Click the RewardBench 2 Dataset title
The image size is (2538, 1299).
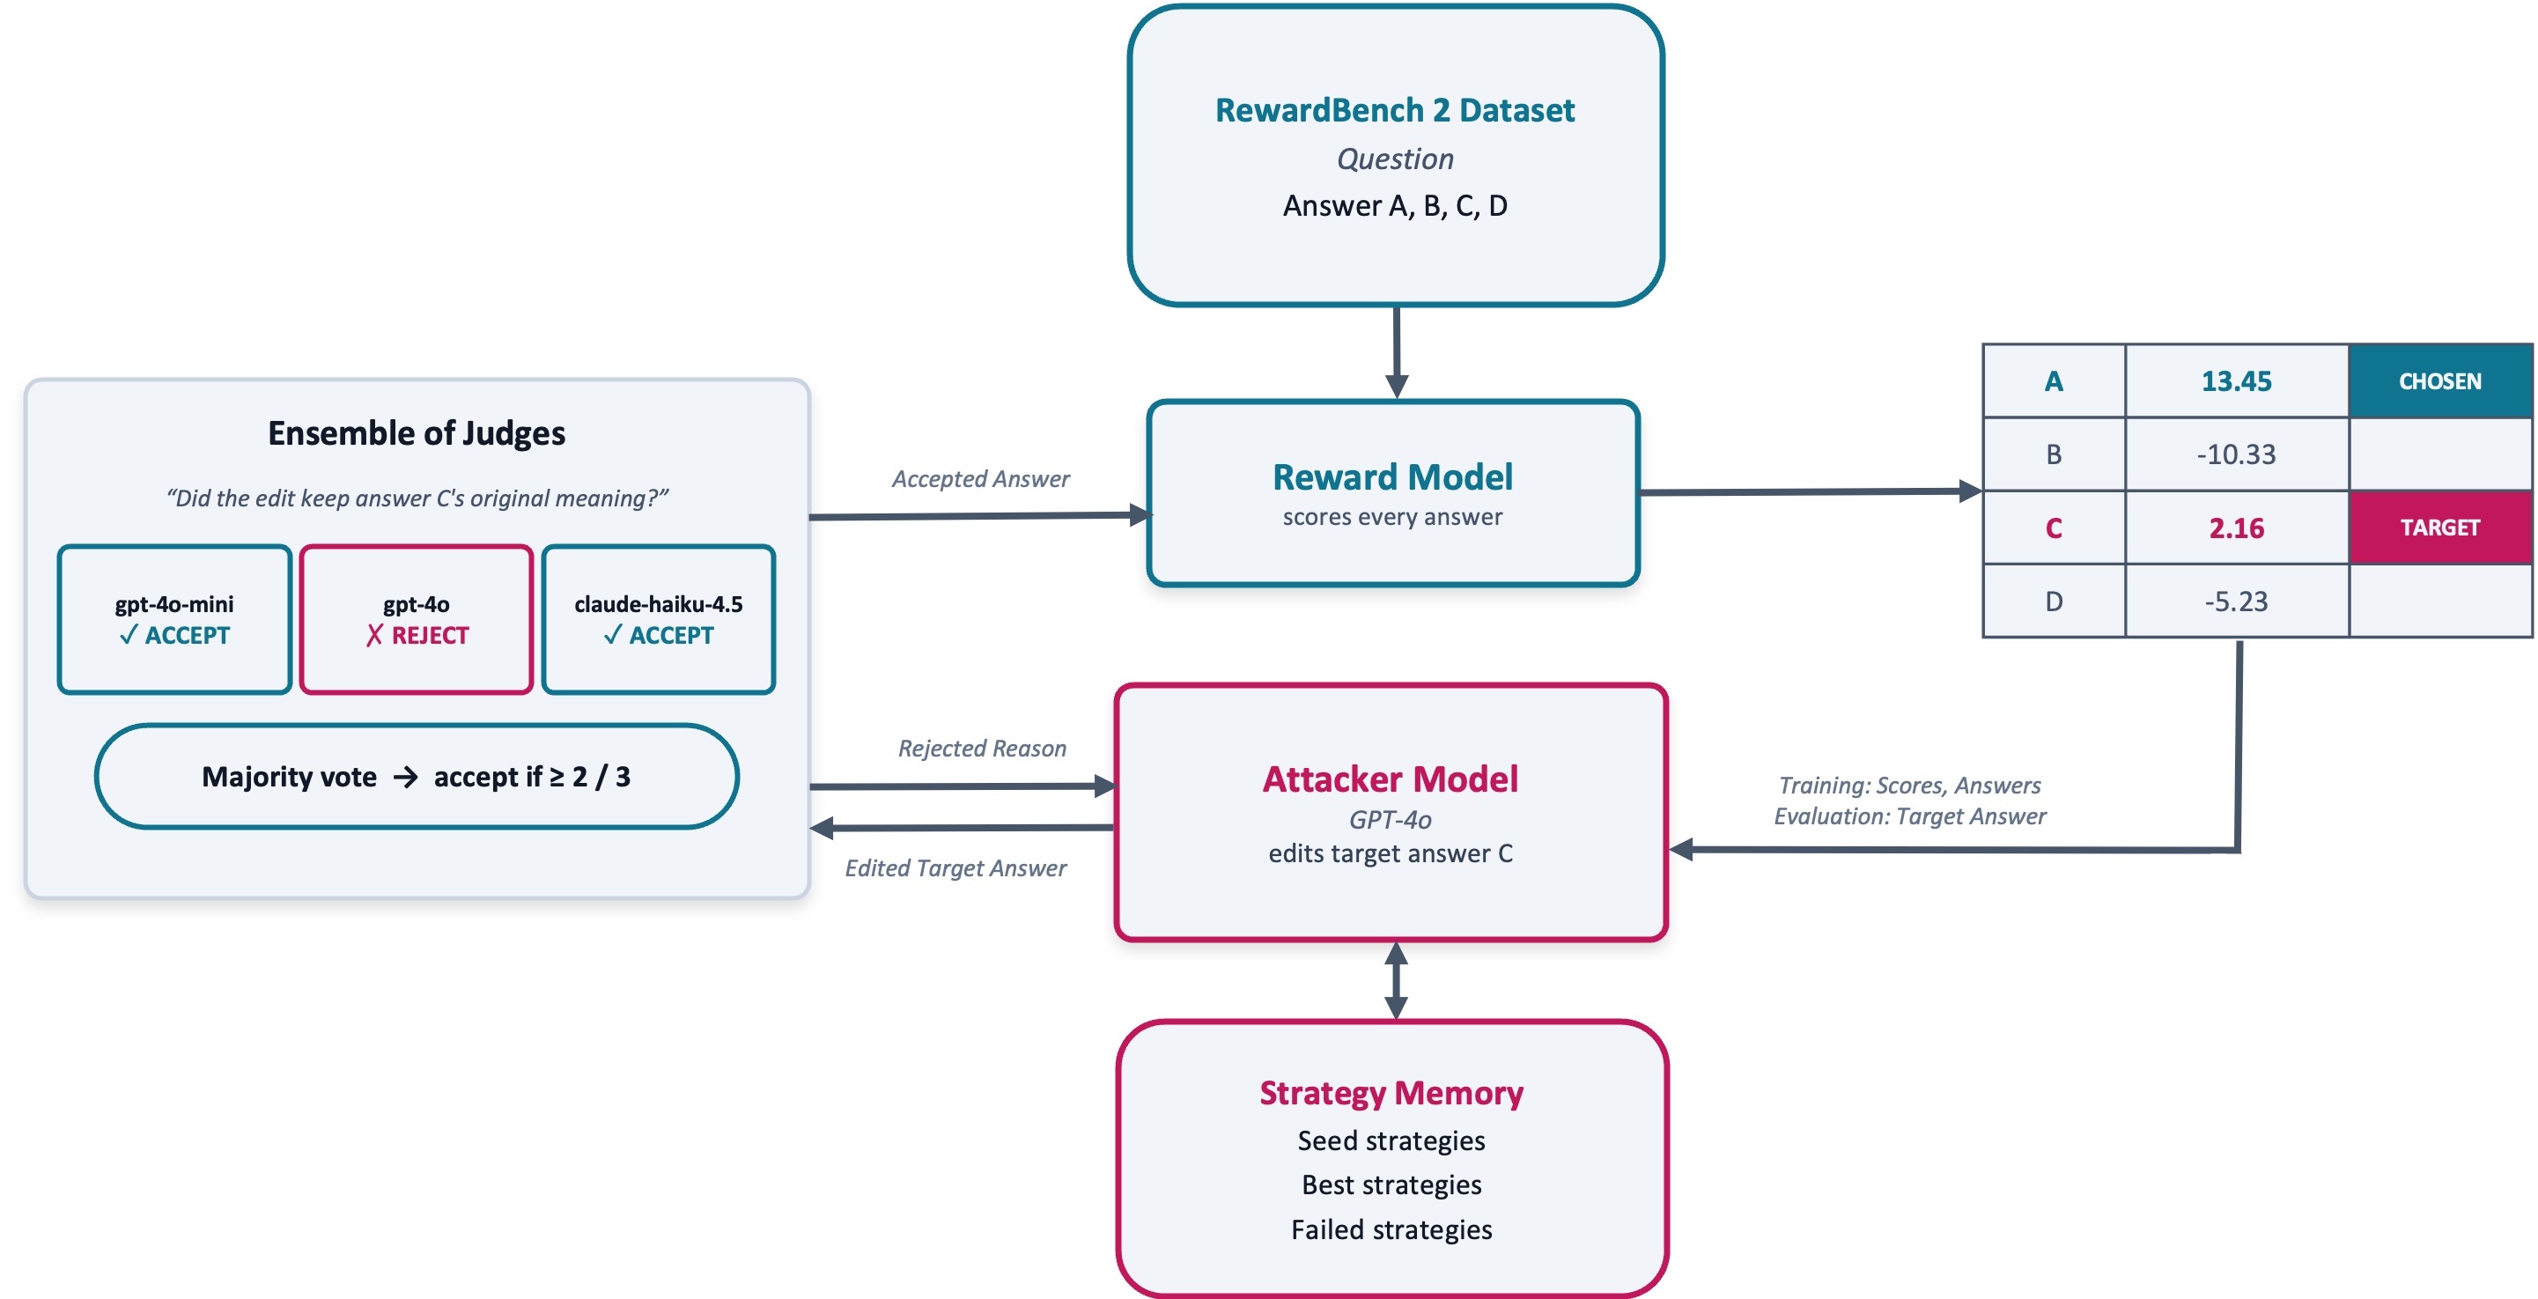coord(1394,110)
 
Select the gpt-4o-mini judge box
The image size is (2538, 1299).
coord(174,620)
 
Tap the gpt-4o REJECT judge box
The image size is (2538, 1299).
coord(417,620)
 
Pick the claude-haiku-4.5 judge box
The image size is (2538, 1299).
coord(658,620)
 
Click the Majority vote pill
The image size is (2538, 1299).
coord(417,777)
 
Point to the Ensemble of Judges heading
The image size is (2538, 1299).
coord(417,433)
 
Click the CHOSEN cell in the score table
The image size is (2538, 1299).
coord(2440,381)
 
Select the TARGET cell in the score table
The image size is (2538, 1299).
coord(2440,528)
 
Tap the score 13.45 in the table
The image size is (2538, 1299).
coord(2237,381)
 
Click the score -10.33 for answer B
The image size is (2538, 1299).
coord(2237,454)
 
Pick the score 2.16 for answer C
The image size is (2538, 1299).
coord(2237,528)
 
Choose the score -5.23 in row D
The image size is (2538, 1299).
coord(2237,602)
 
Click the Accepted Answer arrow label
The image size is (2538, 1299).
coord(980,479)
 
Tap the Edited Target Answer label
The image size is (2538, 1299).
coord(955,868)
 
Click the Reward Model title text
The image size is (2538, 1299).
coord(1392,477)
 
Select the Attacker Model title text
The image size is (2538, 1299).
coord(1391,779)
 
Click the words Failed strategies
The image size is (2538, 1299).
coord(1391,1230)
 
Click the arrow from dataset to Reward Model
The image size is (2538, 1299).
coord(1396,353)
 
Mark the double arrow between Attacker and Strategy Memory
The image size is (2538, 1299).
coord(1396,981)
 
